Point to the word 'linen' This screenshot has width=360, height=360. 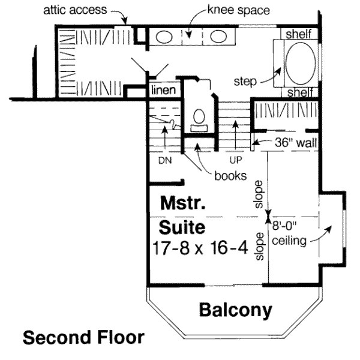pos(163,91)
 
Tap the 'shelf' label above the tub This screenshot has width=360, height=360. pos(298,34)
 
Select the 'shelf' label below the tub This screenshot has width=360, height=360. pos(298,92)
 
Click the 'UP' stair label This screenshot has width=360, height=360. pos(235,160)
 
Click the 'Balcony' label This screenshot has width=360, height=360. pos(235,310)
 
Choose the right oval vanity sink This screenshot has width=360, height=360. pos(214,38)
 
